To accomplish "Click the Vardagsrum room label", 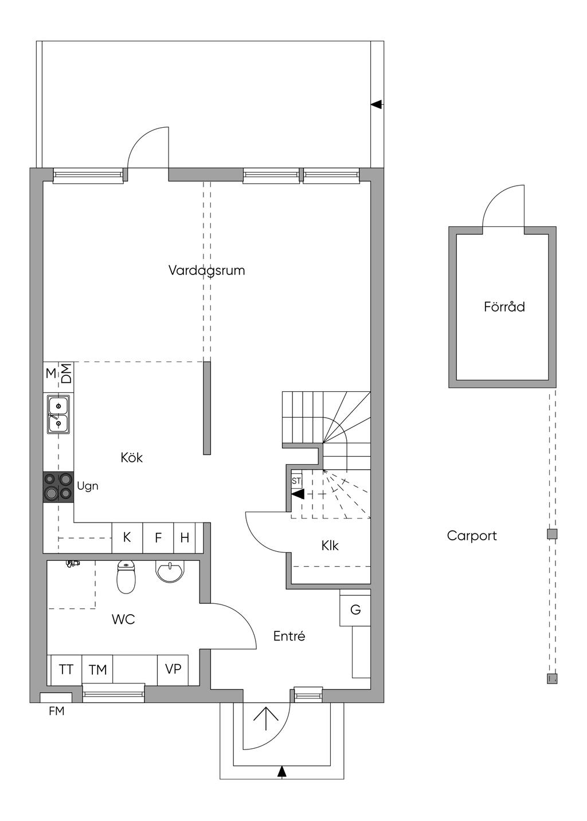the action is point(206,271).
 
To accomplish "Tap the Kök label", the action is point(131,457).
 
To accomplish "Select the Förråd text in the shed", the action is point(504,307).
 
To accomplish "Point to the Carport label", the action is point(472,536).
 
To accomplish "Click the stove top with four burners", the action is point(58,486).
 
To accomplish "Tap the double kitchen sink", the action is point(58,415).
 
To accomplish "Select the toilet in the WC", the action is point(126,576).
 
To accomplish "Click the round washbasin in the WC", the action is point(169,571).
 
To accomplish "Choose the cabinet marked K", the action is point(127,537).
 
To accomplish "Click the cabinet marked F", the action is point(158,537).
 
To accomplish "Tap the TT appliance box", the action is point(66,670).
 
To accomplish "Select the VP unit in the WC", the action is point(173,670).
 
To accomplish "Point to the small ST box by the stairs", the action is point(296,481).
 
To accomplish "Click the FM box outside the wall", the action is point(56,697).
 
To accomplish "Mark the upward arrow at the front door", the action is point(265,719).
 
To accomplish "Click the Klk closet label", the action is point(330,546).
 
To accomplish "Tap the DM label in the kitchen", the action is point(66,373).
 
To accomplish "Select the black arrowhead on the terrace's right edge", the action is point(376,105).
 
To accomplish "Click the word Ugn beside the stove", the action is point(87,486).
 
